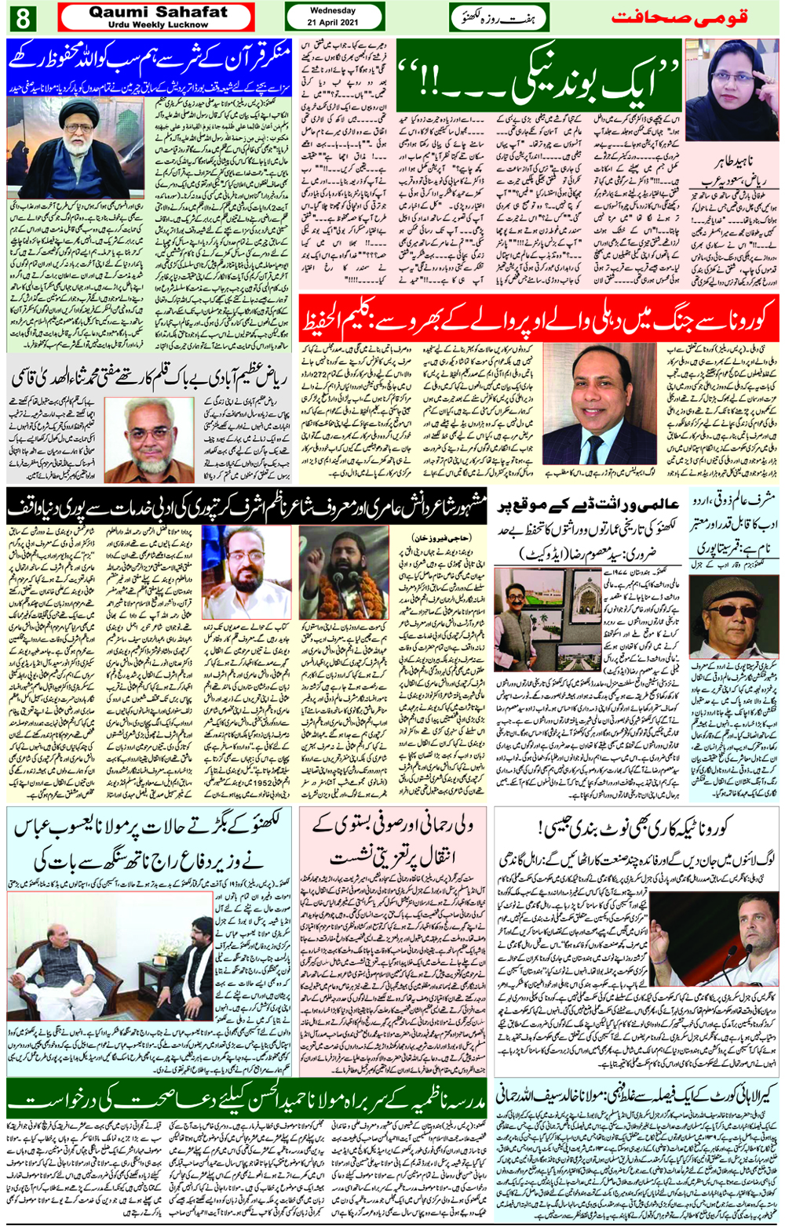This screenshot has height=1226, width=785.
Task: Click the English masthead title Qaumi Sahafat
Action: coord(157,12)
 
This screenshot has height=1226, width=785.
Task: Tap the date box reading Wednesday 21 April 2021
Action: coord(333,16)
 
